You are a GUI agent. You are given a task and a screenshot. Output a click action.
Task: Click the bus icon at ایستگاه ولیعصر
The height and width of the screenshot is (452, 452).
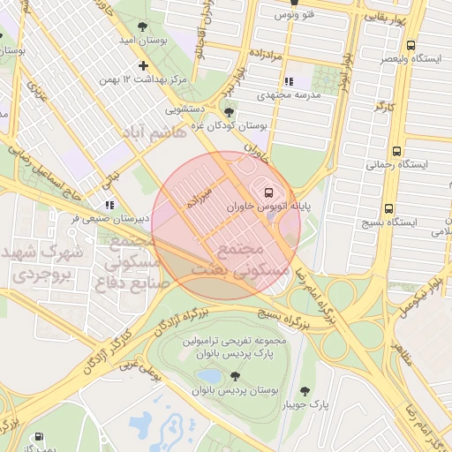click(411, 45)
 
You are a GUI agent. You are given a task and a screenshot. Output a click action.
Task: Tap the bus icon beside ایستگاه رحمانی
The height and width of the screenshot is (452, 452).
click(396, 151)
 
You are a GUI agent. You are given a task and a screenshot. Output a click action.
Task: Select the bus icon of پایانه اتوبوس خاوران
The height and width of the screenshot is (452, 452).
click(267, 192)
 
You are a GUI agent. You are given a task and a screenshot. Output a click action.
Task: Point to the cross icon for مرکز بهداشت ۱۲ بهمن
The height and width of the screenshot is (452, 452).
click(144, 65)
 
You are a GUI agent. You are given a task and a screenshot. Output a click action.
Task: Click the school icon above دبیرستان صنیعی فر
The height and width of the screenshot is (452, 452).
click(109, 205)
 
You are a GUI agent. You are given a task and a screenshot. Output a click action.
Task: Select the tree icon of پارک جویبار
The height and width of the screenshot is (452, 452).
click(305, 391)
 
